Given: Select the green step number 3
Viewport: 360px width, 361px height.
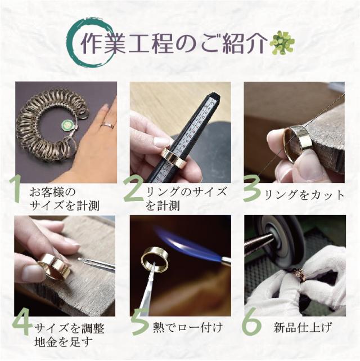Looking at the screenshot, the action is (x=252, y=189).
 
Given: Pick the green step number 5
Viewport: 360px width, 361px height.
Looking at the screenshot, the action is (x=141, y=322).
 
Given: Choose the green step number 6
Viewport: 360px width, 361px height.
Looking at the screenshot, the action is (x=251, y=322).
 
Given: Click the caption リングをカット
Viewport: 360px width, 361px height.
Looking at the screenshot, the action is (x=304, y=195).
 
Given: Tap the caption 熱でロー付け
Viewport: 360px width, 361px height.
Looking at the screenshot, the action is (x=188, y=327).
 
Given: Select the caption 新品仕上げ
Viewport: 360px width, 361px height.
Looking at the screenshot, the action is (x=303, y=327).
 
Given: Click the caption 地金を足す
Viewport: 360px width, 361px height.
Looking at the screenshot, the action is (x=64, y=342).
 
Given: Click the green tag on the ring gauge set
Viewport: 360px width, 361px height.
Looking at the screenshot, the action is (x=67, y=126).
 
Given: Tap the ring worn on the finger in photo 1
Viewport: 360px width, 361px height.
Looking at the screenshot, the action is (x=108, y=126).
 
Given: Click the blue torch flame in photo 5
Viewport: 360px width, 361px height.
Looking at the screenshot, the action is (x=187, y=244).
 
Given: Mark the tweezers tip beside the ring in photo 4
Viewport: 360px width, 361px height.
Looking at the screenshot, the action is (x=79, y=259).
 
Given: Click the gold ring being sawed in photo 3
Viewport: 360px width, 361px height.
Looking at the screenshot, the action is (x=297, y=144).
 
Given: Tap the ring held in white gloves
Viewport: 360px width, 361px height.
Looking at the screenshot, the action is (x=300, y=275).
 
